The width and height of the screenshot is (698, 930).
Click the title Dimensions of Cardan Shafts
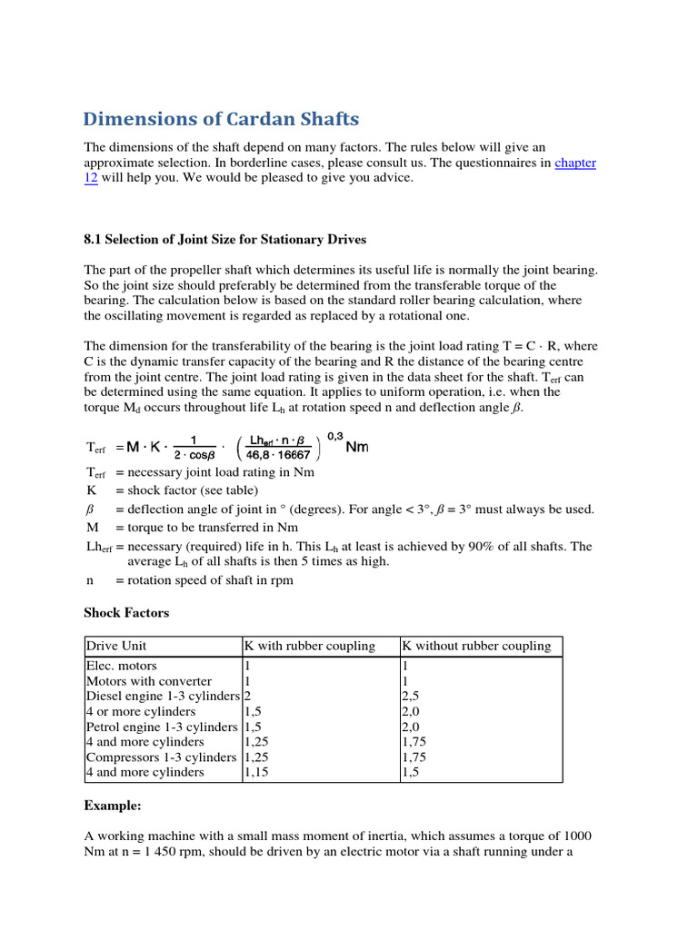pos(221,119)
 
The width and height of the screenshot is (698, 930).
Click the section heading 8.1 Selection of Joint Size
pos(224,240)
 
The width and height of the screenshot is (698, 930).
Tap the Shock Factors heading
pos(126,613)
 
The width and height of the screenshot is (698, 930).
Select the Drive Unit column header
pos(115,646)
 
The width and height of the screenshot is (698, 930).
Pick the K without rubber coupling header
pos(476,646)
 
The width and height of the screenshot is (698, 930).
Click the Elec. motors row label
pos(121,666)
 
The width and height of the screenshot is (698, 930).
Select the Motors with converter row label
pos(149,681)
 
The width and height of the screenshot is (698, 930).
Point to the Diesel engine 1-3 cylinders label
pos(164,697)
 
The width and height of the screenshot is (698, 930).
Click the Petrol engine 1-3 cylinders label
pos(162,727)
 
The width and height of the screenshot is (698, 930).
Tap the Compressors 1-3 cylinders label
pos(161,757)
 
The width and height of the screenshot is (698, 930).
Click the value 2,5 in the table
pos(411,697)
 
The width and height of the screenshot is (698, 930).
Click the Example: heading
pos(113,806)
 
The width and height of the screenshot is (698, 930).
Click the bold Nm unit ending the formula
pos(357,448)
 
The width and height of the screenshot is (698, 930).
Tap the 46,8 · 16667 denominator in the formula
pos(274,455)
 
